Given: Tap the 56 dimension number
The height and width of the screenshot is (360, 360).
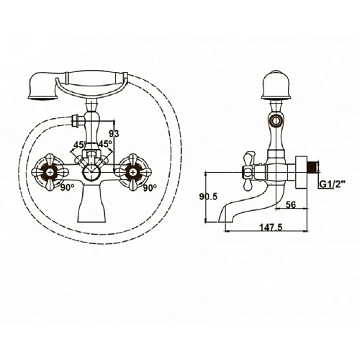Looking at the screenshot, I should coord(291,205).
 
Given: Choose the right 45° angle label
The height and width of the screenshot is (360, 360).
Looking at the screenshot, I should coord(105,143).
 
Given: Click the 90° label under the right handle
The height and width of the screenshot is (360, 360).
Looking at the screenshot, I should coord(150,188).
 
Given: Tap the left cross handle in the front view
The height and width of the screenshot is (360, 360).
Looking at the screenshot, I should coord(53,170).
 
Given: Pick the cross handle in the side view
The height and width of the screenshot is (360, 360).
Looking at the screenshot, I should coord(248,168).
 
